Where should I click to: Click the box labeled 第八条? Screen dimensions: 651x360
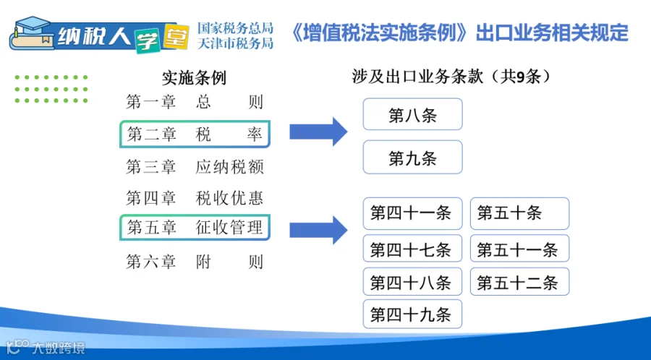coord(413,114)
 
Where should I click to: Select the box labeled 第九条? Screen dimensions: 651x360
coord(413,157)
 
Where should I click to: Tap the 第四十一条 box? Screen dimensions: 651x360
coord(413,213)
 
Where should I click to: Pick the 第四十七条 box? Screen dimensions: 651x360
coord(413,248)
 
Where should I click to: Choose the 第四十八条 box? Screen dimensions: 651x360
coord(413,282)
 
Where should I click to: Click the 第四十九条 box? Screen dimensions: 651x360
coord(413,314)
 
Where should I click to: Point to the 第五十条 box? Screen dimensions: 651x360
coord(520,213)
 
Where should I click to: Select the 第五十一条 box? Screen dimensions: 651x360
coord(520,248)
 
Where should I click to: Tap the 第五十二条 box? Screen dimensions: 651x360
coord(520,282)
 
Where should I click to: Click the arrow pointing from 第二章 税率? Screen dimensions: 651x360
coord(318,132)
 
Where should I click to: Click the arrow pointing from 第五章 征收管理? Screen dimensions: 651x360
coord(318,229)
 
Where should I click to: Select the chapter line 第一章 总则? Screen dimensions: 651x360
coord(195,102)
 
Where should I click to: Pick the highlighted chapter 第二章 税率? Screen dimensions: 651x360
coord(195,134)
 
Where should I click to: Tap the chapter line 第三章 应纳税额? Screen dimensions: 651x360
coord(195,167)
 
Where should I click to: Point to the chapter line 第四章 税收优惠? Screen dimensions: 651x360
coord(195,198)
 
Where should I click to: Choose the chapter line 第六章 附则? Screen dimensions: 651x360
coord(195,262)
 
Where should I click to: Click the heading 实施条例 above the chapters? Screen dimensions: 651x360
coord(194,77)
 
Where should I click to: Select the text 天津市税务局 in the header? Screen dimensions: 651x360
coord(235,43)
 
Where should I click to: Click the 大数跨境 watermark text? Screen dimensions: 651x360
coord(59,348)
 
